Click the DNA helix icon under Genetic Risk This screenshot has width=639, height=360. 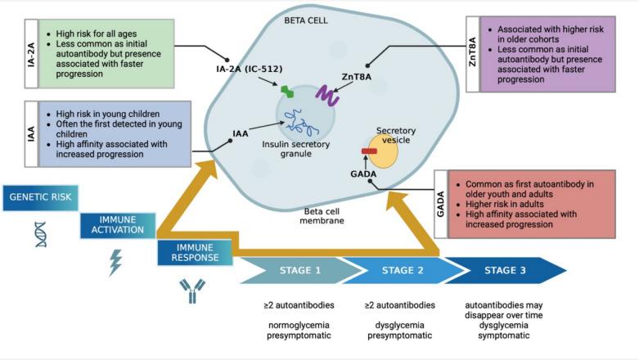coord(40,233)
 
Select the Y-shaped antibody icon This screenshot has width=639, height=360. coord(192,290)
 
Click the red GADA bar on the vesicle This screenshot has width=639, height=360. coord(369,151)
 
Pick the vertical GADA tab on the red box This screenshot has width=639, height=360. coord(439,205)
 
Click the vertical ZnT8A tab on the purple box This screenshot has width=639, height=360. coord(472,54)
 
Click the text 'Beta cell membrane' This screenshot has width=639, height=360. coord(320,216)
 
